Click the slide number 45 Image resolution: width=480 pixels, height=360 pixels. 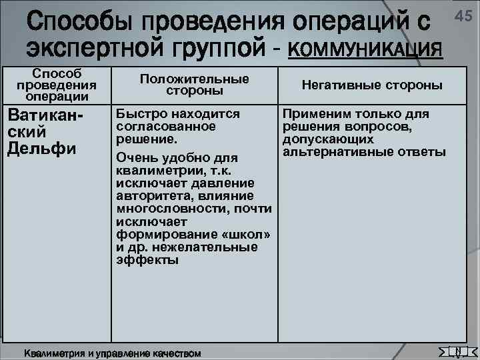(x=464, y=15)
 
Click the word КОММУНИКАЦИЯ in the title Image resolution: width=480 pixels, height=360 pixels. (x=366, y=48)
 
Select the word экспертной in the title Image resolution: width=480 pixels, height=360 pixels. (x=98, y=48)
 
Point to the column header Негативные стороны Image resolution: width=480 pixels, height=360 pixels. (x=372, y=85)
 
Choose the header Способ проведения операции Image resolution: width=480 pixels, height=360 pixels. (x=57, y=85)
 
